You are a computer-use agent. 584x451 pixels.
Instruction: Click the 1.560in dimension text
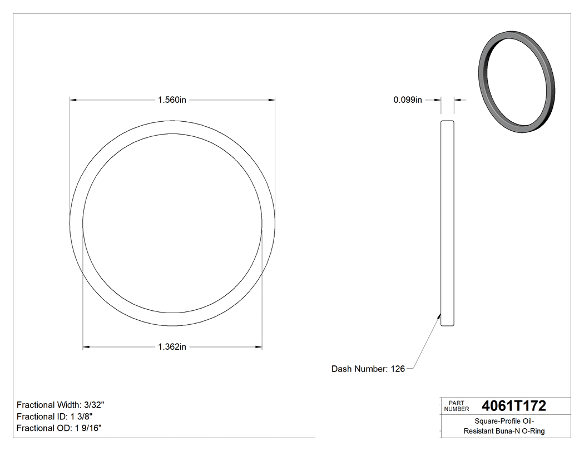pos(171,100)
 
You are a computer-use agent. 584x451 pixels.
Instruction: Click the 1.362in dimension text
pos(171,347)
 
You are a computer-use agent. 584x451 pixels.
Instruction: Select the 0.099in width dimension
pos(408,100)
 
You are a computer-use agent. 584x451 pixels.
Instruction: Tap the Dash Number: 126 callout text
pos(368,369)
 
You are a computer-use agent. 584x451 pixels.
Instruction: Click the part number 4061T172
pos(514,405)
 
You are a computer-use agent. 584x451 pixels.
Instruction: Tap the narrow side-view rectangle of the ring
pos(447,222)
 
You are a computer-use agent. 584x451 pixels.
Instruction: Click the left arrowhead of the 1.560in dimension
pos(72,100)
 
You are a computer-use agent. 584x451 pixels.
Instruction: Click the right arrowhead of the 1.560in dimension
pos(273,100)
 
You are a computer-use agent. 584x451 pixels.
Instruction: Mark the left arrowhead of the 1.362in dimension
pos(86,347)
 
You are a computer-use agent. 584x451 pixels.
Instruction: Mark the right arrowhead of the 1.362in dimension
pos(259,347)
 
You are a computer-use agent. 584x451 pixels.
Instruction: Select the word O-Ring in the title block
pos(532,431)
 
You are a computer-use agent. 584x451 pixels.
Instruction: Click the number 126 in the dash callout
pos(398,369)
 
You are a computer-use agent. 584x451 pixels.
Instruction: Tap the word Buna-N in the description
pos(507,431)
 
